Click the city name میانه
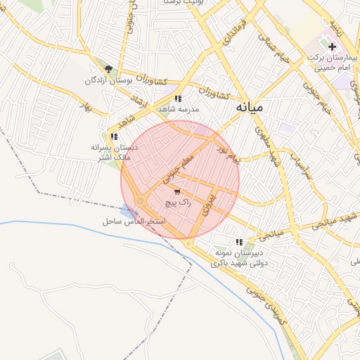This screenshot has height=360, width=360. (x=250, y=108)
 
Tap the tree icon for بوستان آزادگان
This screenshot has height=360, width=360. (x=108, y=69)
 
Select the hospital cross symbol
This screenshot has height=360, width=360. (x=332, y=46)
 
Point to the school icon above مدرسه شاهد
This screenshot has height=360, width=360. (x=179, y=99)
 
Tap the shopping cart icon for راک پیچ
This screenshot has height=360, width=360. (x=176, y=191)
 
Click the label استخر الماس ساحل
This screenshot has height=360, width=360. (x=134, y=221)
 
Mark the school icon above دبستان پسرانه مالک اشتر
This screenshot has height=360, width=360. (x=113, y=136)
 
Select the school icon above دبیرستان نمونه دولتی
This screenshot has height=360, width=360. (x=240, y=241)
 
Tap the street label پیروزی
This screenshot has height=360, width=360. (x=206, y=203)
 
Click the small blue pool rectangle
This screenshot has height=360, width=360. (x=126, y=210)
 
